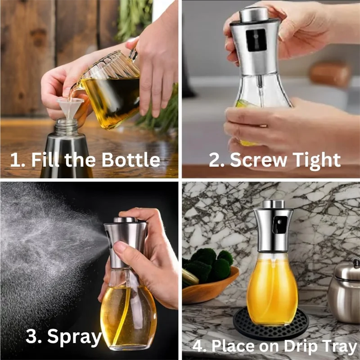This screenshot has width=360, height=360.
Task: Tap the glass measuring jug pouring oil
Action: point(110,90)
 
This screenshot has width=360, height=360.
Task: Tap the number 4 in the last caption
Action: point(197,347)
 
